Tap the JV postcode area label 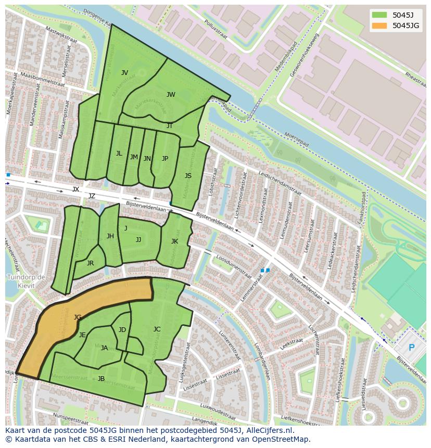click(124, 73)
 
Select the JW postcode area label click(171, 95)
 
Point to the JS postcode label click(188, 176)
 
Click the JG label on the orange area click(78, 317)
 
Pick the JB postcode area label click(101, 379)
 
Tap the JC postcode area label click(157, 329)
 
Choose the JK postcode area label click(174, 241)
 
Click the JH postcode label click(110, 236)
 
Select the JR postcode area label click(90, 263)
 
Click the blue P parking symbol click(412, 348)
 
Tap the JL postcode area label click(119, 153)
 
